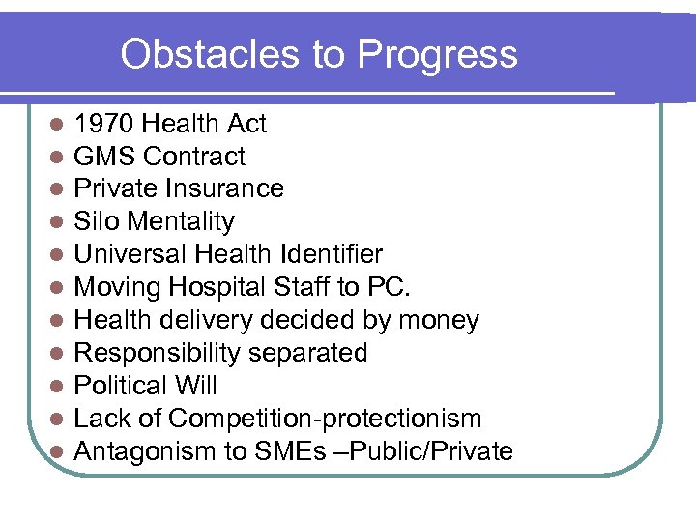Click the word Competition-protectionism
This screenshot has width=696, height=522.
(325, 419)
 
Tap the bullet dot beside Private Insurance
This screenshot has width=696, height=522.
(58, 189)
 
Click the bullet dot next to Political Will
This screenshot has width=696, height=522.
(58, 387)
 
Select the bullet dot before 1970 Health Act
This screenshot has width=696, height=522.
(58, 125)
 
